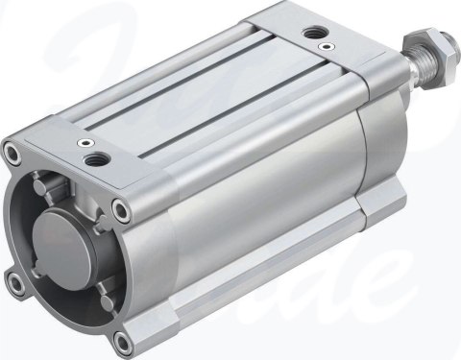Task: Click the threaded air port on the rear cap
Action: point(313,34)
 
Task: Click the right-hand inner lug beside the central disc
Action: point(106,254)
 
